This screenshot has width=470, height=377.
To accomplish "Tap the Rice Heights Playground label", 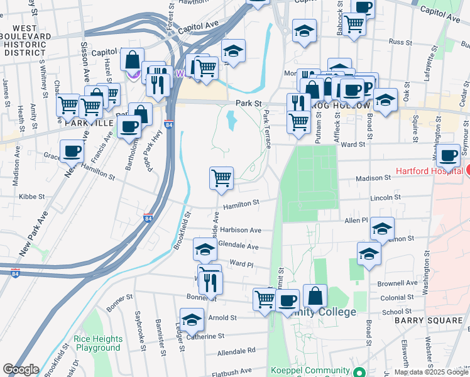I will (97, 343).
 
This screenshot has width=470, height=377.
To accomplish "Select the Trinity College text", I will (327, 312).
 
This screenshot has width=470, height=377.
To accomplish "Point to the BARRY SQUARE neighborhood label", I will (429, 320).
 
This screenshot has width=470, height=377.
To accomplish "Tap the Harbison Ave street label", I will (240, 231).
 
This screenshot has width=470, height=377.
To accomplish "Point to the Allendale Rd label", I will (236, 350).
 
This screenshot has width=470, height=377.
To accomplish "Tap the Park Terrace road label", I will (267, 129).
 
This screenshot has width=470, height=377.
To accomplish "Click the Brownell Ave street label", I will (403, 283).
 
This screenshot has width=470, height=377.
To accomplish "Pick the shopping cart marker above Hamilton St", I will (221, 178).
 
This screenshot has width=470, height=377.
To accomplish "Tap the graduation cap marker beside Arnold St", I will (192, 319).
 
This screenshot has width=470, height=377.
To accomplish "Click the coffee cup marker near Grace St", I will (72, 151).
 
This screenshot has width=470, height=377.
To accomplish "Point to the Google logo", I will (21, 369).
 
